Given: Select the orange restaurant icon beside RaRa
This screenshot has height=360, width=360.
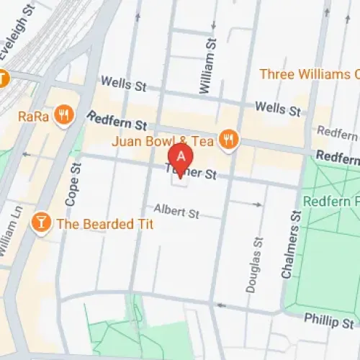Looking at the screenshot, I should click(64, 114).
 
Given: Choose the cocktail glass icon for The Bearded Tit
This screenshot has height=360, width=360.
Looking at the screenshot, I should click(42, 224).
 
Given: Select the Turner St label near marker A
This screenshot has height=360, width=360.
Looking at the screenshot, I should click(191, 173).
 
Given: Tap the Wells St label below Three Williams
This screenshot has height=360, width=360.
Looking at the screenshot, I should click(279, 109).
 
